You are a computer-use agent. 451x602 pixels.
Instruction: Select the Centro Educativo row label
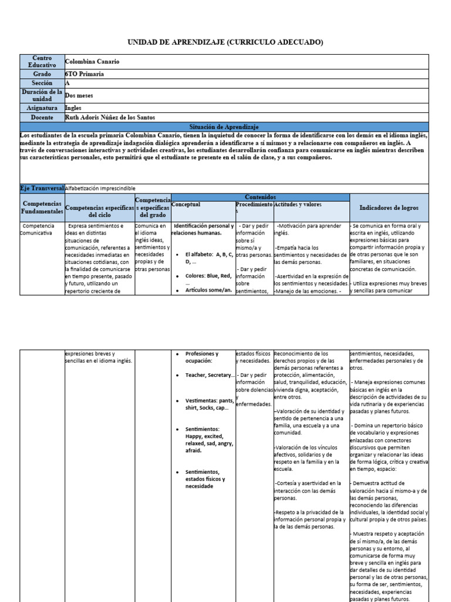tap(42, 62)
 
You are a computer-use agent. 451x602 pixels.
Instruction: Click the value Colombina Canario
tap(95, 62)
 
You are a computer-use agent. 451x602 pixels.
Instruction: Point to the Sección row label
tap(42, 83)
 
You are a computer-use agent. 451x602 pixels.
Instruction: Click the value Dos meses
tap(79, 95)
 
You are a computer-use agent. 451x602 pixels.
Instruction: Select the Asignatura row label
tap(42, 108)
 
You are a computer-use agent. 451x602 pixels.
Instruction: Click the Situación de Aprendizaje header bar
tap(225, 126)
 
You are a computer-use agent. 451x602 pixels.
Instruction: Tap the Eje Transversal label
tap(42, 188)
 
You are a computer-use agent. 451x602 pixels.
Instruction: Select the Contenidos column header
tap(260, 197)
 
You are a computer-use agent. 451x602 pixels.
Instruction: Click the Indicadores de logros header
tap(389, 208)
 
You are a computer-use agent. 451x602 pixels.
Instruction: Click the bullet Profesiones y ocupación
tap(201, 357)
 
